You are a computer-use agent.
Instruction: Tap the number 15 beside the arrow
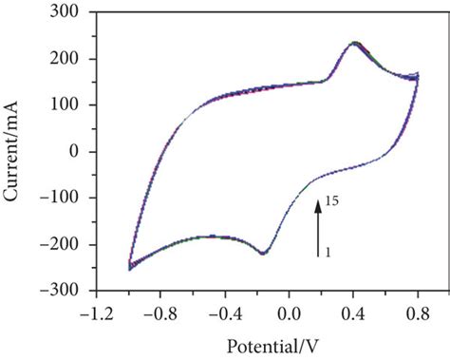[x=331, y=202]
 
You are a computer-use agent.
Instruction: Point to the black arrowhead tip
[x=320, y=198]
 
